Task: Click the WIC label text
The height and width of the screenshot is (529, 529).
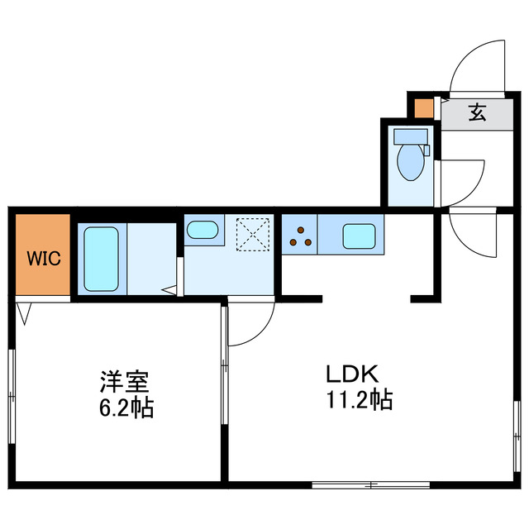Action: [x=44, y=258]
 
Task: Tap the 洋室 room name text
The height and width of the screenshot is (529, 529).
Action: [x=124, y=382]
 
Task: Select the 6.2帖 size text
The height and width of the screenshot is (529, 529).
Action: [x=124, y=407]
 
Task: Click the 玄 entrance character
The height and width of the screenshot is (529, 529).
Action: [x=477, y=112]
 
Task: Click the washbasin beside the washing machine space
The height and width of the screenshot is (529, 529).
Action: [x=201, y=229]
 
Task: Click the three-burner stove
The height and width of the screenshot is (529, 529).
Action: [x=301, y=236]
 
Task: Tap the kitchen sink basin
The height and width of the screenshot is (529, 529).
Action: [x=359, y=236]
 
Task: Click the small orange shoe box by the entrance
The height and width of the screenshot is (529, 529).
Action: [x=422, y=108]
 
